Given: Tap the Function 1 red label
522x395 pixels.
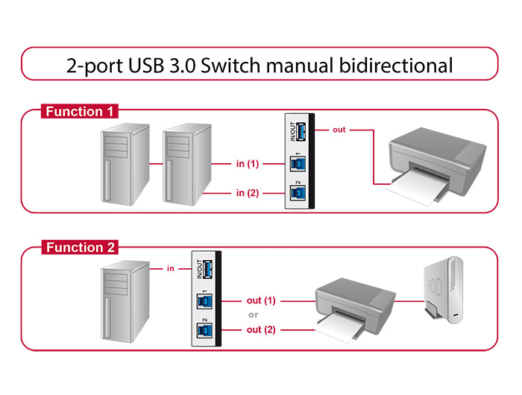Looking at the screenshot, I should pyautogui.click(x=80, y=112).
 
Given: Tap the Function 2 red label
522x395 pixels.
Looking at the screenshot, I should pyautogui.click(x=80, y=247).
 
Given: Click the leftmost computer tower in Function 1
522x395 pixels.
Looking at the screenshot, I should pyautogui.click(x=124, y=165).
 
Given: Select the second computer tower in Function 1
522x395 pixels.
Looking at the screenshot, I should pyautogui.click(x=183, y=165).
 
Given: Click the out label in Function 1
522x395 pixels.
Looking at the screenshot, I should pyautogui.click(x=339, y=130).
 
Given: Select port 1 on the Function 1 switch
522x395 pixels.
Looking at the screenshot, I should pyautogui.click(x=295, y=164).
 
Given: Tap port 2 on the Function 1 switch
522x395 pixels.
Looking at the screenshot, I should pyautogui.click(x=295, y=193).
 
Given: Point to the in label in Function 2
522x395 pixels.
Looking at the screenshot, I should pyautogui.click(x=170, y=268).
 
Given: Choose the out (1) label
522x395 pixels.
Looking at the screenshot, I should pyautogui.click(x=261, y=300).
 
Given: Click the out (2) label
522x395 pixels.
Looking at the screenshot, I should pyautogui.click(x=261, y=329).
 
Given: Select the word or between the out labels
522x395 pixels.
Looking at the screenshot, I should pyautogui.click(x=254, y=315).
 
